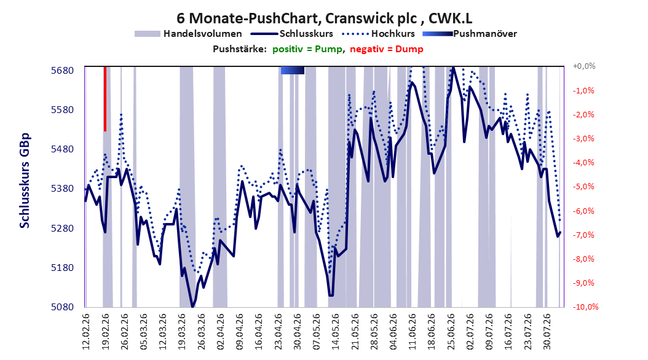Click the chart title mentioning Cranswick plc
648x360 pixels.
pos(325,18)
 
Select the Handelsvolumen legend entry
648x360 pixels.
pos(188,34)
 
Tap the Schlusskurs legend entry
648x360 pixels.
pos(292,34)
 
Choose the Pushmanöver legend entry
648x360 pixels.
pos(470,34)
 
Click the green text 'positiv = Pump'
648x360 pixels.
pos(307,49)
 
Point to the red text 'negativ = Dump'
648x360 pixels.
pos(387,49)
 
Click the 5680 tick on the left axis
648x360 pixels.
pos(63,71)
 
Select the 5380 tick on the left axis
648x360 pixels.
pos(63,189)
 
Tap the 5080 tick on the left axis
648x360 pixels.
pos(63,307)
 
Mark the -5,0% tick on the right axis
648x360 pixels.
pos(583,187)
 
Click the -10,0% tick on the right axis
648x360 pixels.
pos(585,307)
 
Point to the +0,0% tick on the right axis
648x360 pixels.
pos(584,66)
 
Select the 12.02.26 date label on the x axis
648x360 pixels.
pos(86,332)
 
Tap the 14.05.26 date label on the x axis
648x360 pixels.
pos(336,332)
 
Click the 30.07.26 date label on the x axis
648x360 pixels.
pos(547,332)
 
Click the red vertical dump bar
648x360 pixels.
pos(105,99)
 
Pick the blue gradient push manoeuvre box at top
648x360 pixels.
pos(293,70)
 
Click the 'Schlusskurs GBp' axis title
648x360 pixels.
pos(25,181)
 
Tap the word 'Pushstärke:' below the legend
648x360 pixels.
pos(240,49)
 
